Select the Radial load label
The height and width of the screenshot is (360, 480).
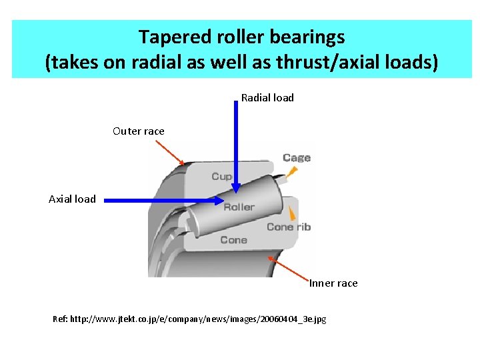click(x=267, y=98)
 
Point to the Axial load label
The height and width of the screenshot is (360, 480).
click(x=72, y=199)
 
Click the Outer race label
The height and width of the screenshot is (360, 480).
click(x=138, y=131)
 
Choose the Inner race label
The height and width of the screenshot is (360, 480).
click(x=333, y=283)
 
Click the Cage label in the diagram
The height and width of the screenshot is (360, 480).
click(x=297, y=158)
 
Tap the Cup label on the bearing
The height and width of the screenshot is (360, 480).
click(x=221, y=177)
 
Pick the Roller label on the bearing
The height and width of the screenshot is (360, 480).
click(x=239, y=207)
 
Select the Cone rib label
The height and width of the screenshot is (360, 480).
click(x=289, y=227)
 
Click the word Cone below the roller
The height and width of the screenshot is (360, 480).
click(x=233, y=240)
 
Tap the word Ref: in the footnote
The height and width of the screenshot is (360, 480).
click(x=60, y=319)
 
